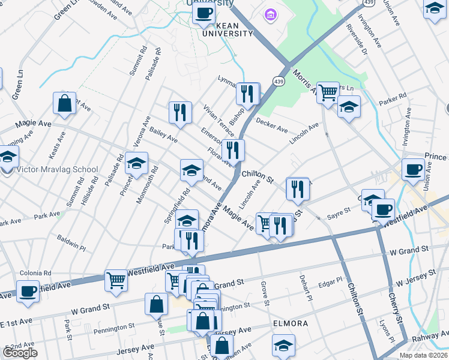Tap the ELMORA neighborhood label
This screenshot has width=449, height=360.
[291, 323]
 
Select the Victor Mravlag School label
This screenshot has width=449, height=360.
[57, 169]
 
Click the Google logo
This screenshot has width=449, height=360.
[20, 353]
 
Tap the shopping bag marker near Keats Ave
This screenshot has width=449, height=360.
[64, 103]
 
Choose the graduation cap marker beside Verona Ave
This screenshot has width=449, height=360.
[136, 163]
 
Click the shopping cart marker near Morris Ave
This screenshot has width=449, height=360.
[328, 93]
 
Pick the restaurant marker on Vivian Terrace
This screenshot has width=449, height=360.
[180, 112]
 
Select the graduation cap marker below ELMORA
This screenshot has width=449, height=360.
[284, 345]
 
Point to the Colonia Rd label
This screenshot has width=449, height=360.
[31, 272]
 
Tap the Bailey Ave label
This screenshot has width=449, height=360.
[164, 134]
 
